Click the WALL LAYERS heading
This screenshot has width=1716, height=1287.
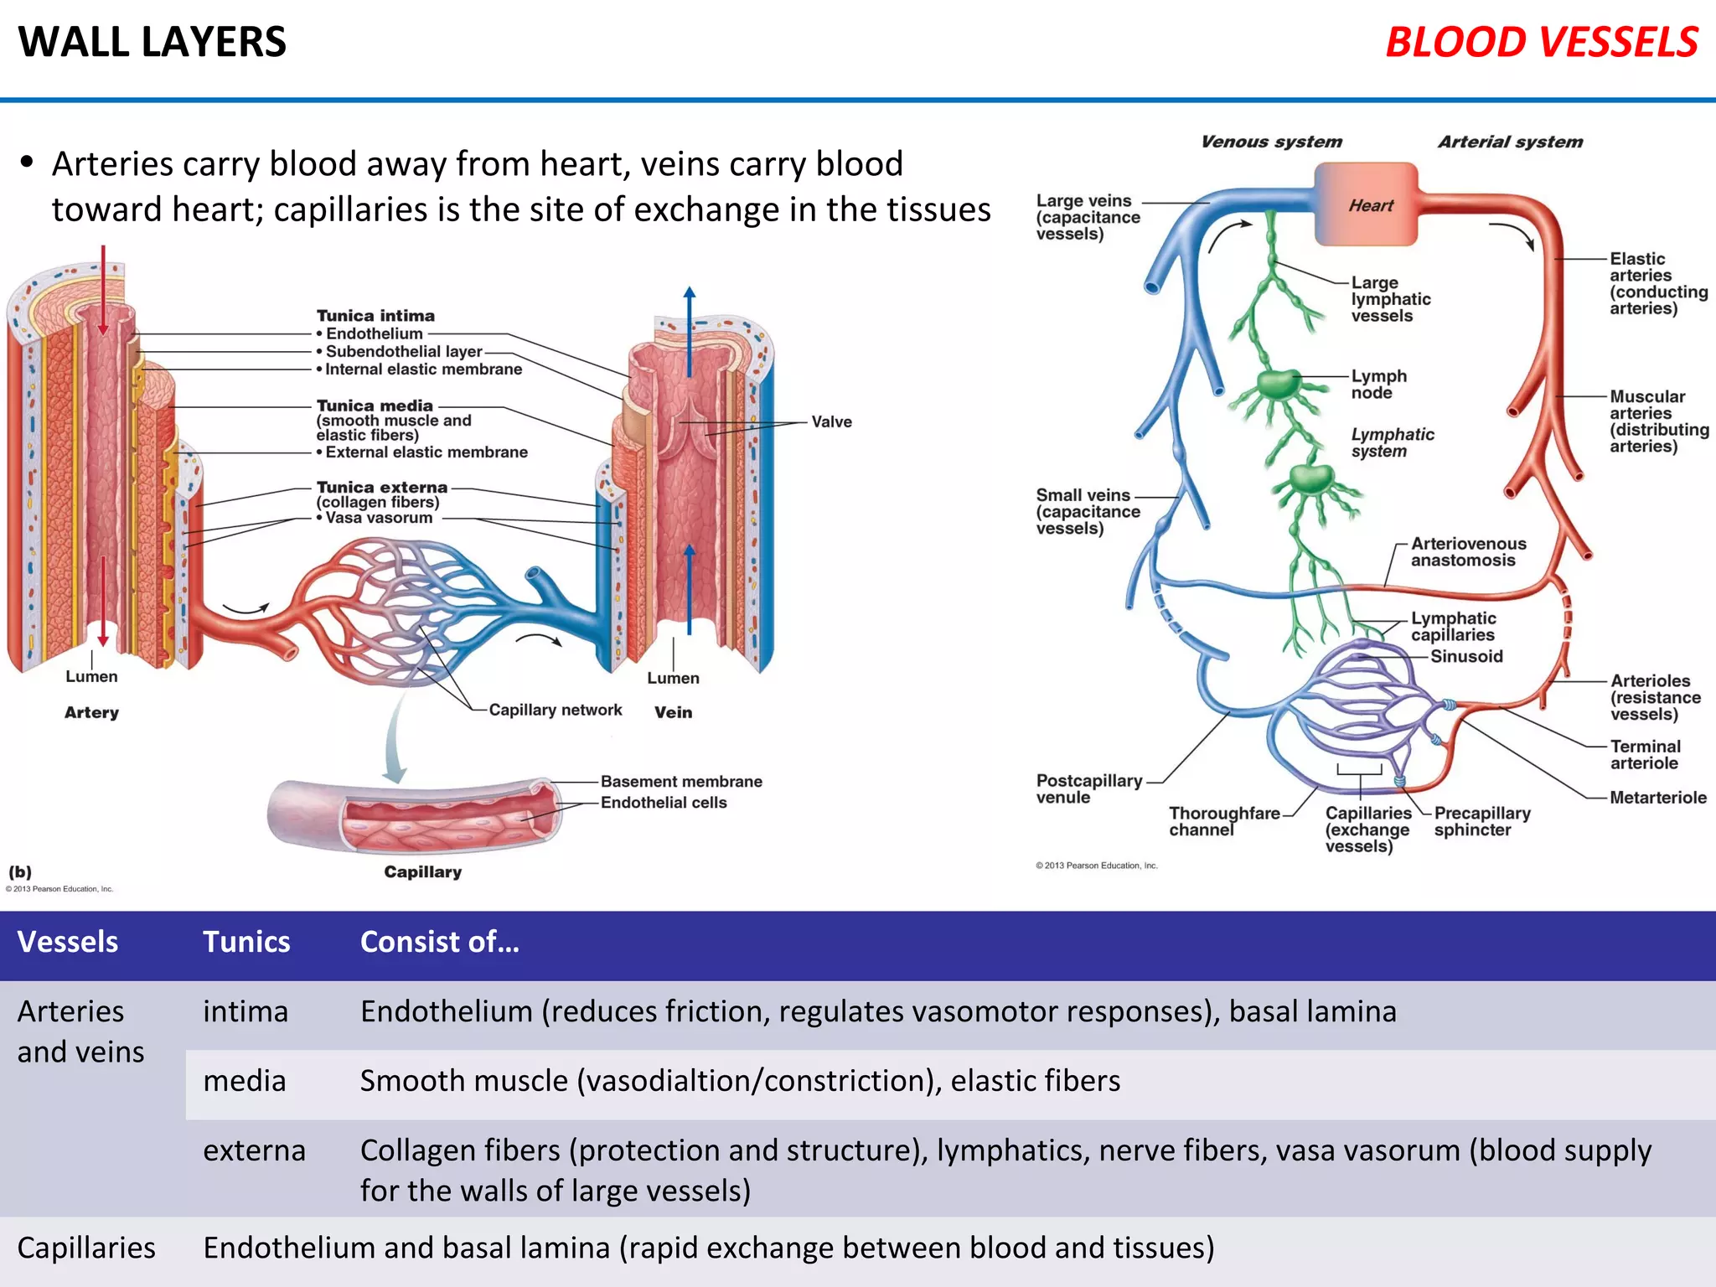point(152,42)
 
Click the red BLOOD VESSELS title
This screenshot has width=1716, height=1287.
point(1541,43)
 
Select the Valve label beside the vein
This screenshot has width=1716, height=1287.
point(831,421)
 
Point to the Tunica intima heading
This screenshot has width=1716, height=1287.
point(375,316)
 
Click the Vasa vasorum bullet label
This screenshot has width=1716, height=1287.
point(378,518)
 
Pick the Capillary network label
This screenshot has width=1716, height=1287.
point(555,710)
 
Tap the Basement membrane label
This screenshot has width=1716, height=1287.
point(681,781)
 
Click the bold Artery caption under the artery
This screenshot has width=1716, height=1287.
point(91,712)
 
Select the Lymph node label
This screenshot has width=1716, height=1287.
point(1377,384)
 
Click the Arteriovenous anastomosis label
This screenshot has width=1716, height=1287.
point(1468,551)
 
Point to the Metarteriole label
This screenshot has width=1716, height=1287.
point(1657,798)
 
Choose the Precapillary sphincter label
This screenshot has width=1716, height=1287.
point(1481,821)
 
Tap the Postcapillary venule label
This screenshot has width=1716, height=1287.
point(1088,788)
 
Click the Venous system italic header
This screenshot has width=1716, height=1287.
point(1270,142)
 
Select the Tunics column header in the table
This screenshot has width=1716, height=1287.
point(246,942)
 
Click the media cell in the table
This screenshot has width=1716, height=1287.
point(244,1081)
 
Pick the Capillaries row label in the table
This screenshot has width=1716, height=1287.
point(86,1248)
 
